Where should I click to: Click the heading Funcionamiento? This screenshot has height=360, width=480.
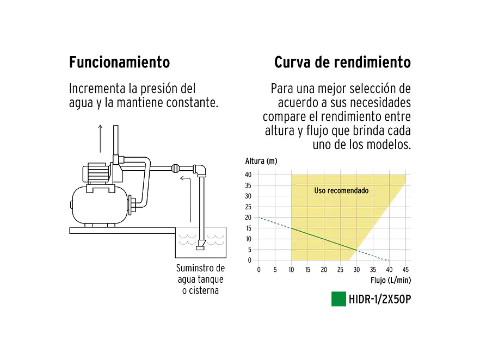(119, 62)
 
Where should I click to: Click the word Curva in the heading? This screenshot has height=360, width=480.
(292, 62)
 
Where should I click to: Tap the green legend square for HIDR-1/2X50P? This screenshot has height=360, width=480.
(339, 299)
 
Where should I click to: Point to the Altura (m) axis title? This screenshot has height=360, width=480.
(261, 161)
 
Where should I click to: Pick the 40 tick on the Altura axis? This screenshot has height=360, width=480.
(248, 175)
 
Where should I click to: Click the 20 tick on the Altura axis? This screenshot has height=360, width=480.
(248, 218)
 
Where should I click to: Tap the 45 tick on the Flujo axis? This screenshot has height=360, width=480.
(405, 269)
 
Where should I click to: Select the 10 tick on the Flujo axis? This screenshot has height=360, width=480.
(291, 269)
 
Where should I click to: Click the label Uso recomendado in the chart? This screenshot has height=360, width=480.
(341, 191)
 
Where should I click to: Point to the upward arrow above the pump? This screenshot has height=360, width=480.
(100, 138)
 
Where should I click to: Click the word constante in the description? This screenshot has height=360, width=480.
(194, 102)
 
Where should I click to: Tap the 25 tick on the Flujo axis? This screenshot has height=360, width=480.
(340, 269)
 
